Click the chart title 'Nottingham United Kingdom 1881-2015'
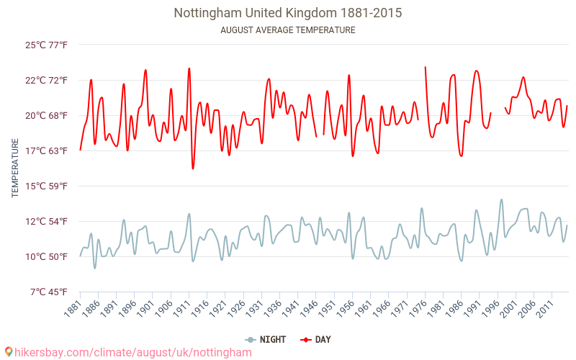pos(288,13)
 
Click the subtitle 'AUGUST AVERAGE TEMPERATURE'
pos(288,30)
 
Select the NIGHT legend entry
pos(266,339)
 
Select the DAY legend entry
pos(317,339)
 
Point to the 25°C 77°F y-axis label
pos(46,45)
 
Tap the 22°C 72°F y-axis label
pos(46,80)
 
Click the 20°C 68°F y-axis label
pos(46,115)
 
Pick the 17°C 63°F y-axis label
pos(46,150)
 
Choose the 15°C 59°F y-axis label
pos(46,186)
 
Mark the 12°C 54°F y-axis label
pos(46,221)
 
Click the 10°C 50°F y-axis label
pos(46,256)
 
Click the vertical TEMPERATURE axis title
pos(15,168)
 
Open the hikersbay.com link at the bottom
pos(133,353)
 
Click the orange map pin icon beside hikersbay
pos(9,352)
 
